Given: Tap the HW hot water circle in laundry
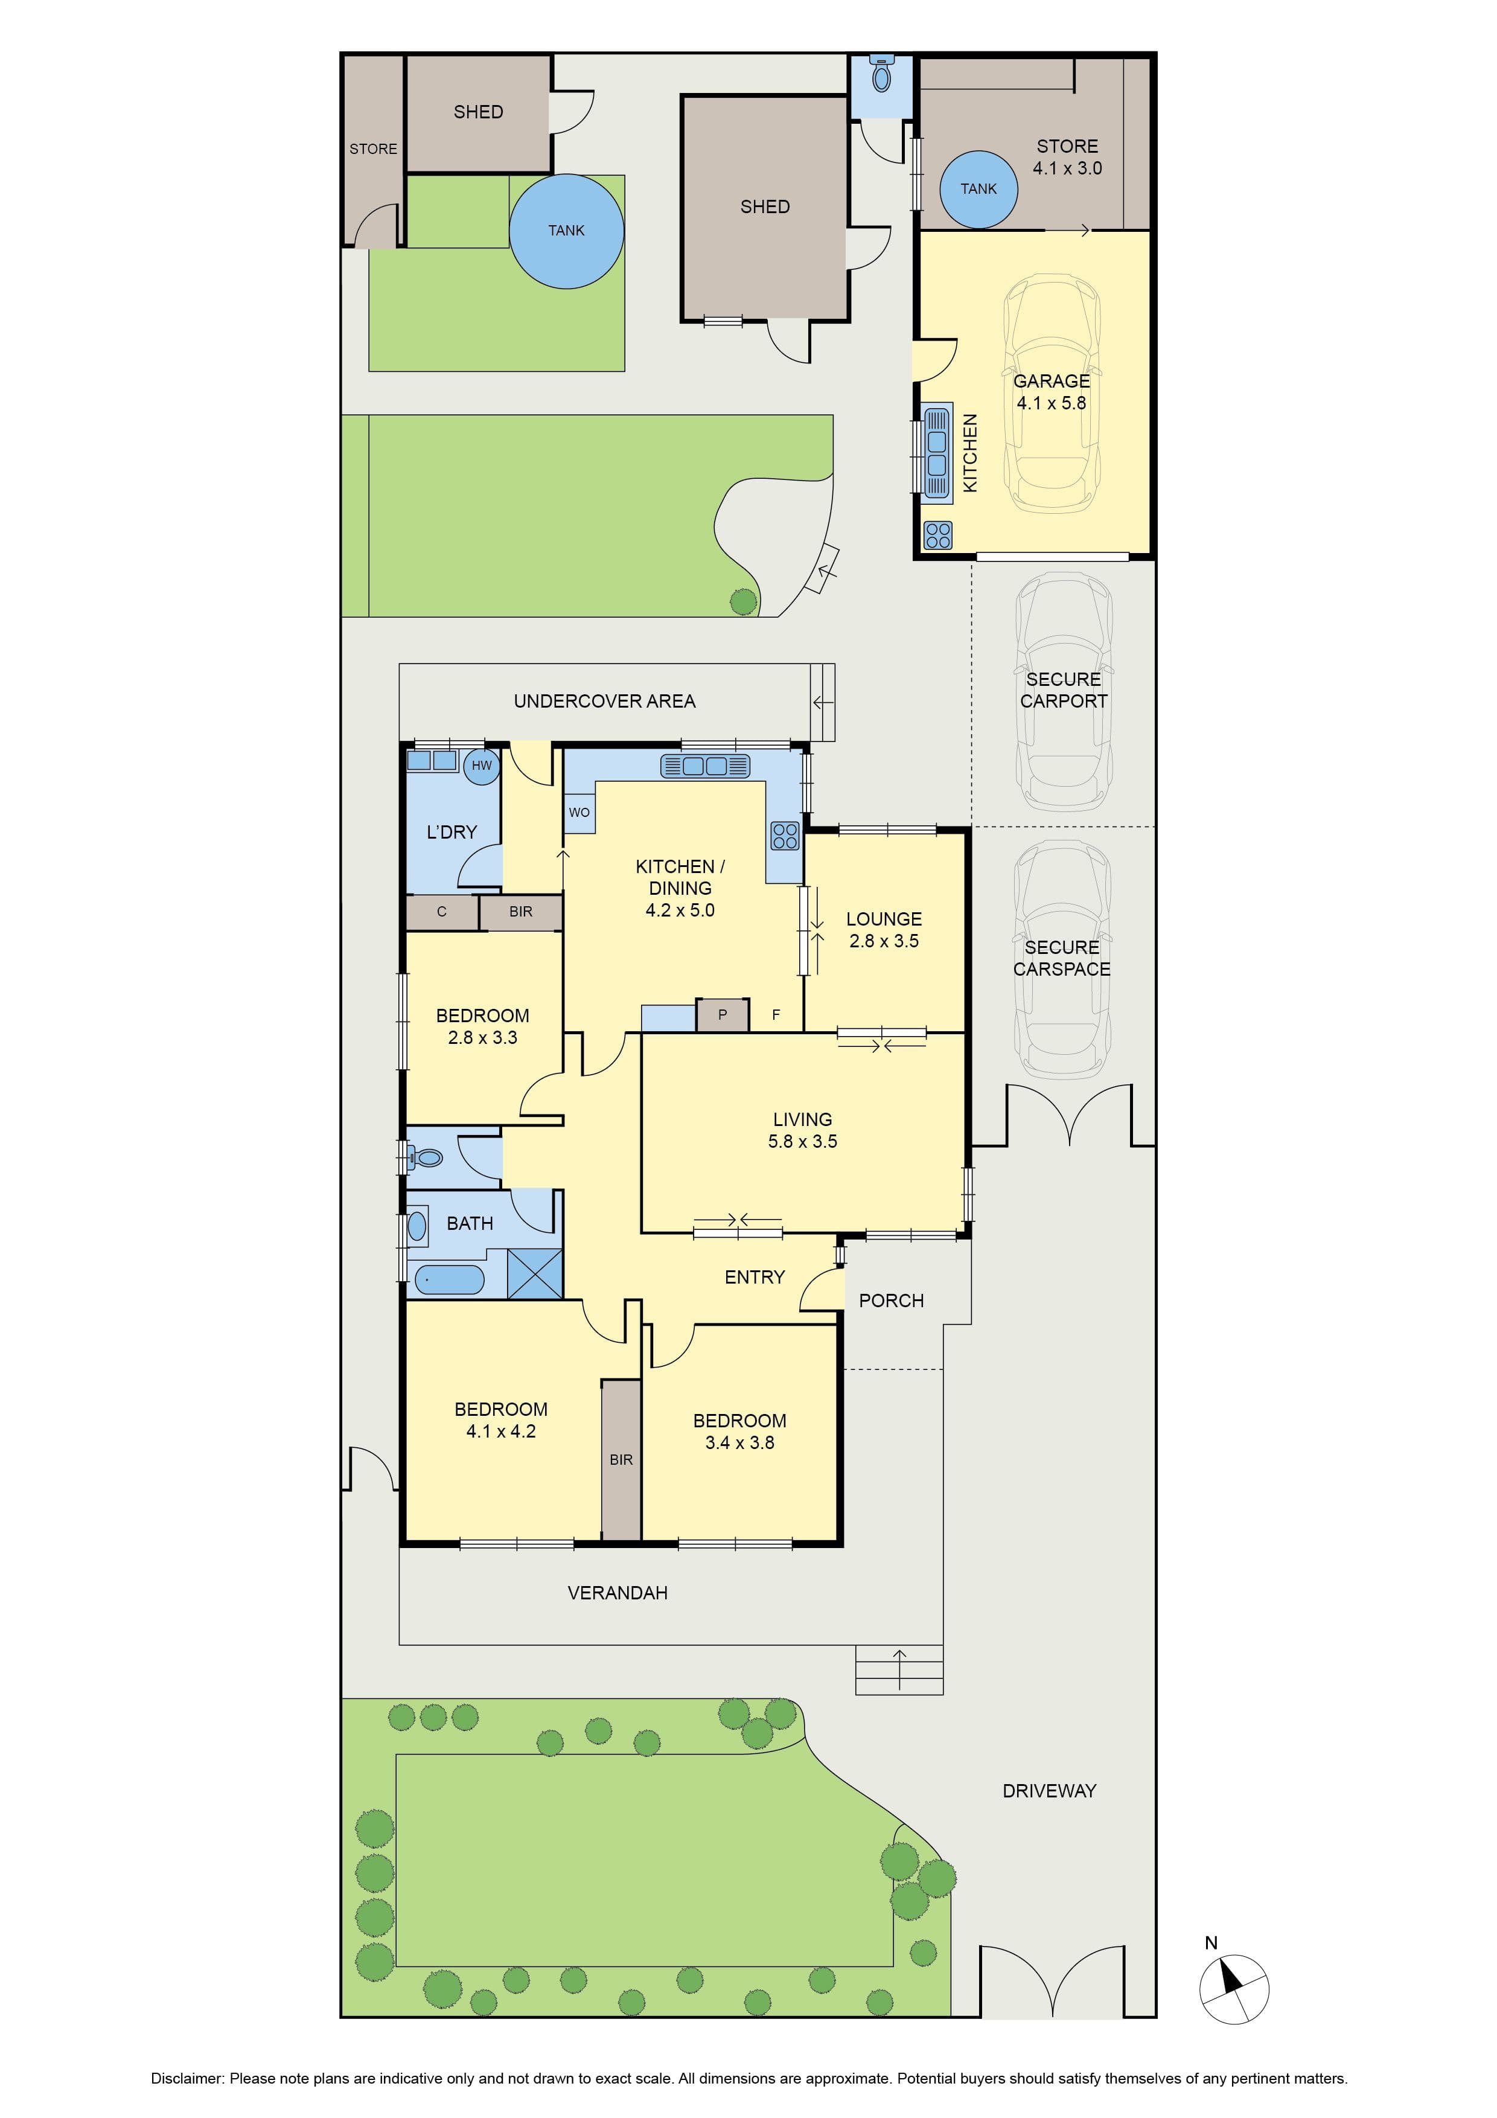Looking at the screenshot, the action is click(482, 765).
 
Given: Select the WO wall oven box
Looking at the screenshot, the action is click(579, 813).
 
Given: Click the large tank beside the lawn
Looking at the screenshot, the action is click(566, 231).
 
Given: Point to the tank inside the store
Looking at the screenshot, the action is click(978, 189).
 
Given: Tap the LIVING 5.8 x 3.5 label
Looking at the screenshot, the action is click(802, 1130).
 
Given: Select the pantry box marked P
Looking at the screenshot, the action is click(722, 1015).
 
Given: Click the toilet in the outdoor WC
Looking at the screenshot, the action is click(883, 74).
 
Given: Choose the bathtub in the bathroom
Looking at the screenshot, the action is click(449, 1279).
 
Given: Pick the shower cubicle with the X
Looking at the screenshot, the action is click(535, 1274).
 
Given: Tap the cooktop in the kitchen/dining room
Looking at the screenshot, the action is click(785, 836).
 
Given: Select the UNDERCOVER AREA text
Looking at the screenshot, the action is click(604, 701).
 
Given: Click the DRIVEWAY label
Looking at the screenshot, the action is click(1050, 1791).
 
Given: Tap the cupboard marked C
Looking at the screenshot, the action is click(442, 912).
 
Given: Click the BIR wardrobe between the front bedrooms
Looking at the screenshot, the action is click(621, 1459).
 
